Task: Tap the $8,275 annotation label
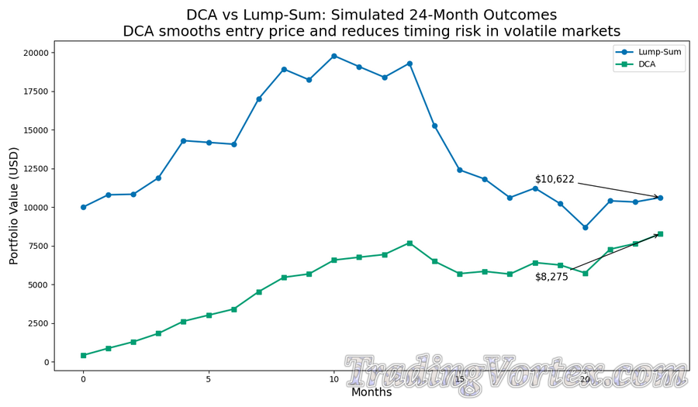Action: [551, 277]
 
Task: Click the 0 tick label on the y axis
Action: [45, 362]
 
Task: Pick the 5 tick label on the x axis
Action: [209, 379]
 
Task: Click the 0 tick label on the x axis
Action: [83, 379]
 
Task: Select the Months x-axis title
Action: [371, 392]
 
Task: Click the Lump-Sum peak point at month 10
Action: [334, 56]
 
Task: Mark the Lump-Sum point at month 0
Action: [83, 207]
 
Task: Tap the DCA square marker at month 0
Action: [83, 355]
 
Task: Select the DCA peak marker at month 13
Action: [409, 243]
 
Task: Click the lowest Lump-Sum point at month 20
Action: [585, 227]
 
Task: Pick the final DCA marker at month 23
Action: [660, 234]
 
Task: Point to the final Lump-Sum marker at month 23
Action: [660, 198]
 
